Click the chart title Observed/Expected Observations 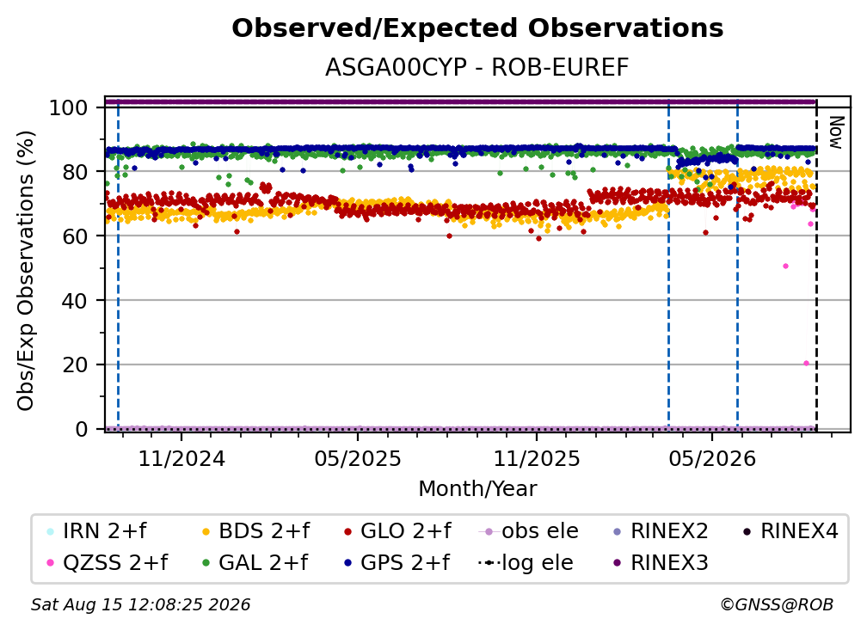click(477, 28)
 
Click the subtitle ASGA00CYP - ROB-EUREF click(477, 68)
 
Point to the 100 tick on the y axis click(69, 107)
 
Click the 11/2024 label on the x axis click(181, 458)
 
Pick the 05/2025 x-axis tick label click(358, 458)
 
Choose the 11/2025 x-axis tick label click(537, 458)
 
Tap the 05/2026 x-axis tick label click(712, 458)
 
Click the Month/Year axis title click(477, 489)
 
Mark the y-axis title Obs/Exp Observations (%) click(26, 271)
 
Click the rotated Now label click(836, 132)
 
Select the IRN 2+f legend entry click(98, 531)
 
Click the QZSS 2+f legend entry click(108, 563)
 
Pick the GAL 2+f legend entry click(255, 563)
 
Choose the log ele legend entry click(526, 563)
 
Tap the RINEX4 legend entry click(790, 531)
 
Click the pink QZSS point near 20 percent click(806, 364)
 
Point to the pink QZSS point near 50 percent click(786, 266)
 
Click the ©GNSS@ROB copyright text click(777, 605)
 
